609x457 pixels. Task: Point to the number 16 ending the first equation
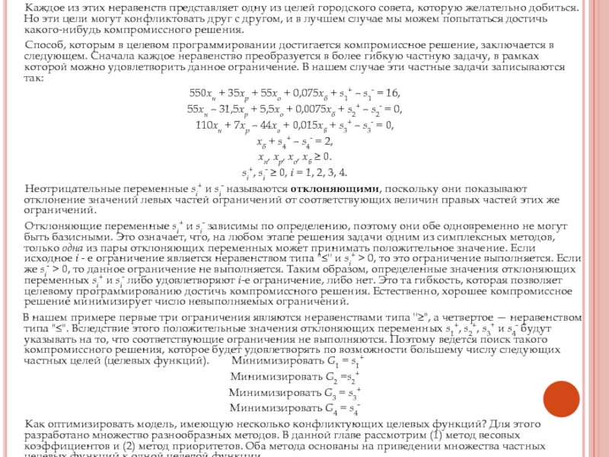392,93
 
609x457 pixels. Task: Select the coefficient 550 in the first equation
198,93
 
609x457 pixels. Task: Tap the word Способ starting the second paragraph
43,46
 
